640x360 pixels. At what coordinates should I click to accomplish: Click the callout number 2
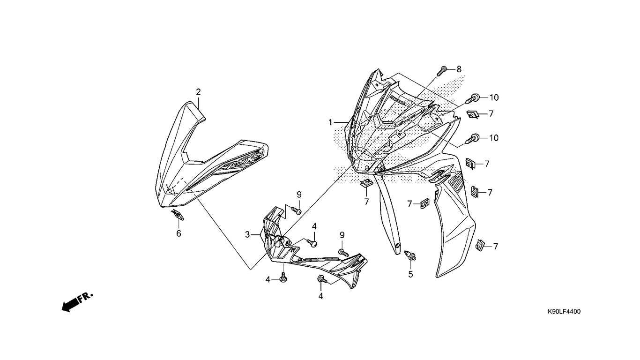[198, 91]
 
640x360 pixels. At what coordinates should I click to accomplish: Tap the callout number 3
[247, 234]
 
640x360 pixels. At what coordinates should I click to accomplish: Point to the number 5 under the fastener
[410, 275]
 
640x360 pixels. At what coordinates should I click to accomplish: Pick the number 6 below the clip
[179, 233]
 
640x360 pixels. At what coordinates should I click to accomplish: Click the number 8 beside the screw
[459, 69]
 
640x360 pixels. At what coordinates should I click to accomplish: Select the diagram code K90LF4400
[564, 312]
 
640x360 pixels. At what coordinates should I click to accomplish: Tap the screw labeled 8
[442, 71]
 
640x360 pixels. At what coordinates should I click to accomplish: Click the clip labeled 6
[178, 216]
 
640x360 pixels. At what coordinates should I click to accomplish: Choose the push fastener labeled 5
[411, 256]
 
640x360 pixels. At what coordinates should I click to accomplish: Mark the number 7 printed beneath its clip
[366, 202]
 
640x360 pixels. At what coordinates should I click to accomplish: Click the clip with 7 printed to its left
[425, 203]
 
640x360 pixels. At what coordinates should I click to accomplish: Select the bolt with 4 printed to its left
[283, 278]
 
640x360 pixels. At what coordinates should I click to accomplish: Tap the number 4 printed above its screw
[314, 226]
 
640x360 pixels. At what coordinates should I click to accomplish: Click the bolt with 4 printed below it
[321, 280]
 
